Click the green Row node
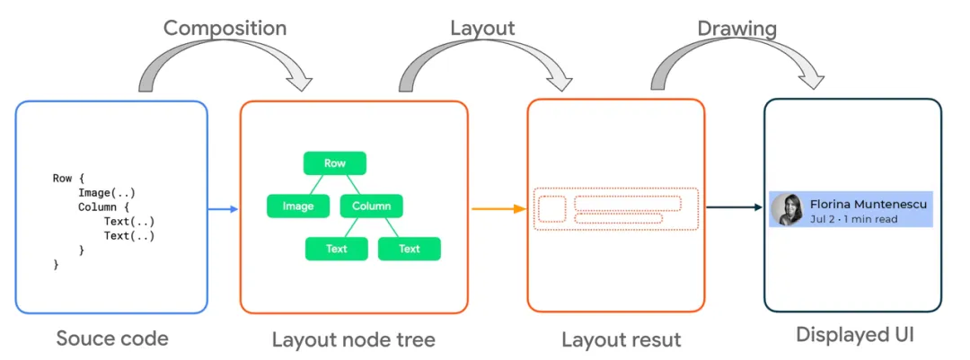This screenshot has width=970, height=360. click(335, 163)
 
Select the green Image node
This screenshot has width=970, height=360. click(298, 206)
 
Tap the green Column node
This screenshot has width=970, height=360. click(371, 206)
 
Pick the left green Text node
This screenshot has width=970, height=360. click(336, 249)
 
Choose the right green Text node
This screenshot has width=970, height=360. click(409, 249)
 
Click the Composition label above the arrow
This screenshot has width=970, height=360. click(225, 28)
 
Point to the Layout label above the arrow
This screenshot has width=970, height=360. click(482, 28)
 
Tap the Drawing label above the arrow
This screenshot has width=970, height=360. click(736, 28)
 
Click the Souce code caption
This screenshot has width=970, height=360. click(112, 338)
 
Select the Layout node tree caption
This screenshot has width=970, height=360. click(353, 339)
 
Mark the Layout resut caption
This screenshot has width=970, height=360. click(621, 339)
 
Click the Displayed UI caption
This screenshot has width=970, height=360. click(854, 335)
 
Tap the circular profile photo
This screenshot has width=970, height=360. click(787, 210)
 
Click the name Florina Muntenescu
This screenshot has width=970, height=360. click(868, 204)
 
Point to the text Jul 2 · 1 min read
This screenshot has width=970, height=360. click(853, 220)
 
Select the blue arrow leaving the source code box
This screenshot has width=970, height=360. click(224, 209)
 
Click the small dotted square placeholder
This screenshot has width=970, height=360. click(551, 209)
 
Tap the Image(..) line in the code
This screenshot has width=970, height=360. click(106, 193)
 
